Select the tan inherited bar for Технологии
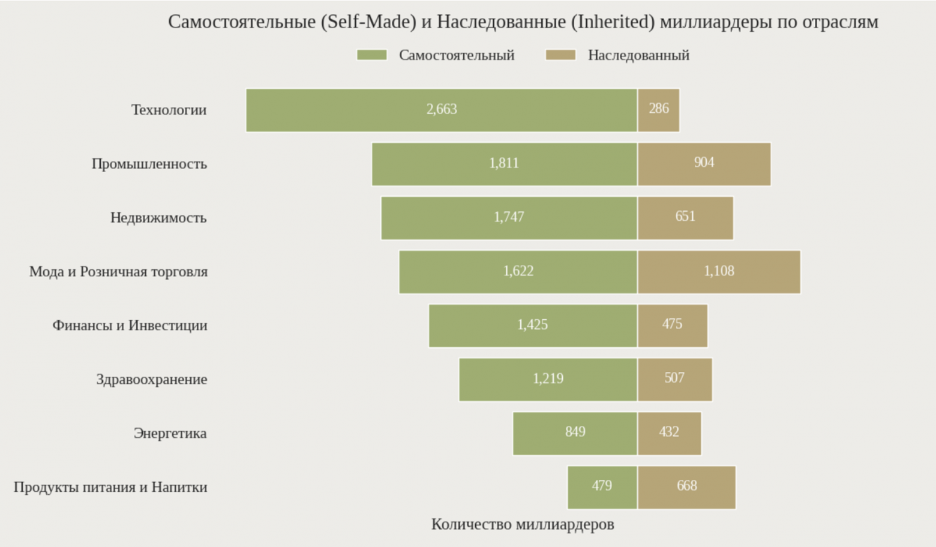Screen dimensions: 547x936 pyautogui.click(x=658, y=110)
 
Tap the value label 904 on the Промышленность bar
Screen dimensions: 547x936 pyautogui.click(x=704, y=163)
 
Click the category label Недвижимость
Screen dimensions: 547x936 pyautogui.click(x=158, y=218)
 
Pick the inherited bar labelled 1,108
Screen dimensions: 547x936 pyautogui.click(x=719, y=272)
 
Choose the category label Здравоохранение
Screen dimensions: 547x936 pyautogui.click(x=152, y=380)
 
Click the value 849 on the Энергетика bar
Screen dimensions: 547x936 pyautogui.click(x=575, y=432)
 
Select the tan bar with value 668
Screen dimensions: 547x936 pyautogui.click(x=686, y=487)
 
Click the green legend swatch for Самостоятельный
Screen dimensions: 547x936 pyautogui.click(x=371, y=55)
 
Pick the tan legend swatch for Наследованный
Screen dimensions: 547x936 pyautogui.click(x=560, y=55)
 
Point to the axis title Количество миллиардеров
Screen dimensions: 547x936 pyautogui.click(x=523, y=525)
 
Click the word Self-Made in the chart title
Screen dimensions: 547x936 pyautogui.click(x=368, y=22)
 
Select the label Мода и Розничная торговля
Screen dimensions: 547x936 pyautogui.click(x=118, y=272)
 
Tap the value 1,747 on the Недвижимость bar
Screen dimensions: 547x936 pyautogui.click(x=509, y=217)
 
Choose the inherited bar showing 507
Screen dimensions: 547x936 pyautogui.click(x=674, y=379)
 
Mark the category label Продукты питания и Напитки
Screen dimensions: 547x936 pyautogui.click(x=110, y=487)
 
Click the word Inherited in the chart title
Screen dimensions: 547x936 pyautogui.click(x=613, y=22)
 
